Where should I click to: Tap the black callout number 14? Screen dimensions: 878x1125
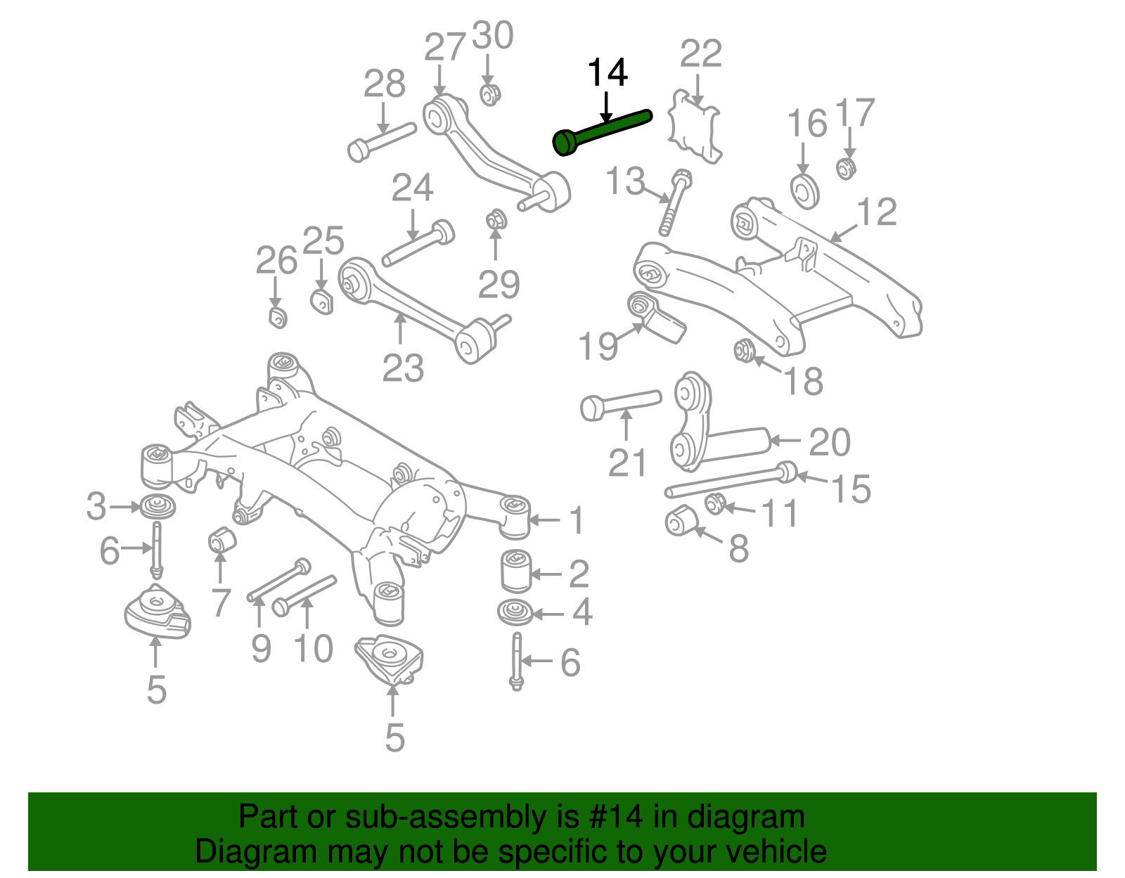607,73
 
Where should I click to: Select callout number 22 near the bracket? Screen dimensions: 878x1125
701,54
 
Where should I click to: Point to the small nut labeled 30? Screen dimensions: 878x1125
490,94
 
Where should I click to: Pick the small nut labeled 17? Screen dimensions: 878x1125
847,169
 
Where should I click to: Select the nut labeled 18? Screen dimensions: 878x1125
744,349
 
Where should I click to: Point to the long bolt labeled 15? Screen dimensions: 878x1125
731,480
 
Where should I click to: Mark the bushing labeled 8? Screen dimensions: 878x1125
679,520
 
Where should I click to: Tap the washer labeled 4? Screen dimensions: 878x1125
515,612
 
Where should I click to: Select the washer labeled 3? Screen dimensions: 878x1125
157,506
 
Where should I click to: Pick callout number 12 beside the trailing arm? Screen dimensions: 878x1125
877,212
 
